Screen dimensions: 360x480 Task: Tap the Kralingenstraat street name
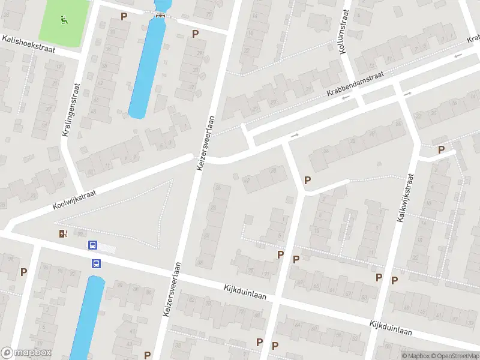70,110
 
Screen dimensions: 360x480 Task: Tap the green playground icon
64,19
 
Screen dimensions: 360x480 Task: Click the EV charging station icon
63,234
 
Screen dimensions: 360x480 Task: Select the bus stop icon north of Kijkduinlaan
93,245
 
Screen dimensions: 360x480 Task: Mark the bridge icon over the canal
160,15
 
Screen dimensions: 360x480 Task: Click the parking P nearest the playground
124,16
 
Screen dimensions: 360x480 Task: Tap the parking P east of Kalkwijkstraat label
442,150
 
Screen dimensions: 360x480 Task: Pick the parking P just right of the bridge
195,34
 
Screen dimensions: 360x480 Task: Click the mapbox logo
26,353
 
